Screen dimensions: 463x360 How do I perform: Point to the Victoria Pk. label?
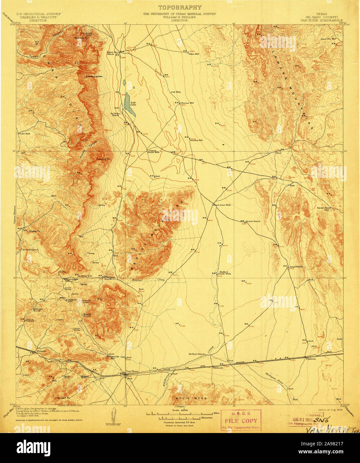(103, 159)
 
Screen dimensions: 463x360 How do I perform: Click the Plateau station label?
(310, 359)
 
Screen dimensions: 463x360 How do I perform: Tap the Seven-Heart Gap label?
(325, 209)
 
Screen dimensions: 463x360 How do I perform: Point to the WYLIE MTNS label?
(189, 398)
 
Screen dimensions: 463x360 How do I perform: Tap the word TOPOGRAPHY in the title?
(180, 7)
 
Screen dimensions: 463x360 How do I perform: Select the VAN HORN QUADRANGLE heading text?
(321, 20)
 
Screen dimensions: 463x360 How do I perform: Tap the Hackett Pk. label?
(63, 398)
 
